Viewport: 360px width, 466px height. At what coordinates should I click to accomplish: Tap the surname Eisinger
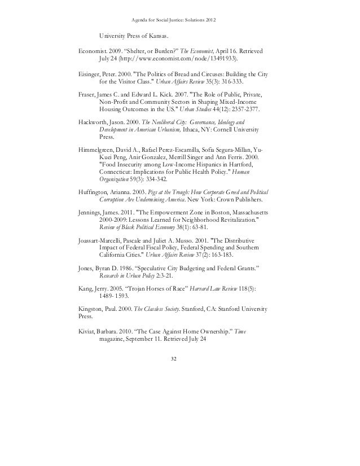pos(90,73)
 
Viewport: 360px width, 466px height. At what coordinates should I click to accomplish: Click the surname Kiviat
pos(88,331)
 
